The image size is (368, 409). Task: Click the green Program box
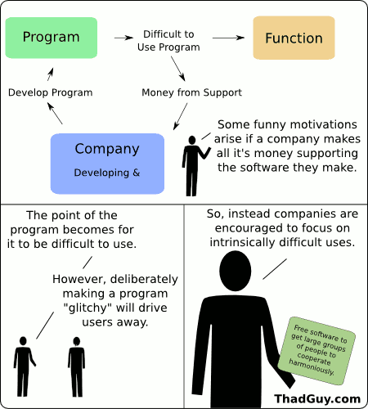(x=51, y=37)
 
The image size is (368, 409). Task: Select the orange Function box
(x=294, y=38)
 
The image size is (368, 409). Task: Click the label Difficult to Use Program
(x=168, y=41)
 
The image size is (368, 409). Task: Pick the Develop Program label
(x=50, y=92)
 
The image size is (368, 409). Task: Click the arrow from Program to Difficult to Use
(x=123, y=38)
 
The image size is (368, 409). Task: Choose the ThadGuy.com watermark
(x=317, y=398)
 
